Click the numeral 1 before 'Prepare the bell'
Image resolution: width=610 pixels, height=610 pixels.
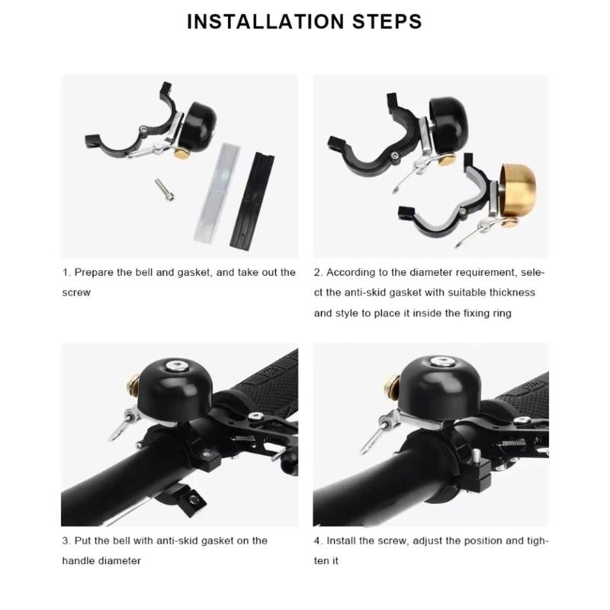point(66,272)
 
